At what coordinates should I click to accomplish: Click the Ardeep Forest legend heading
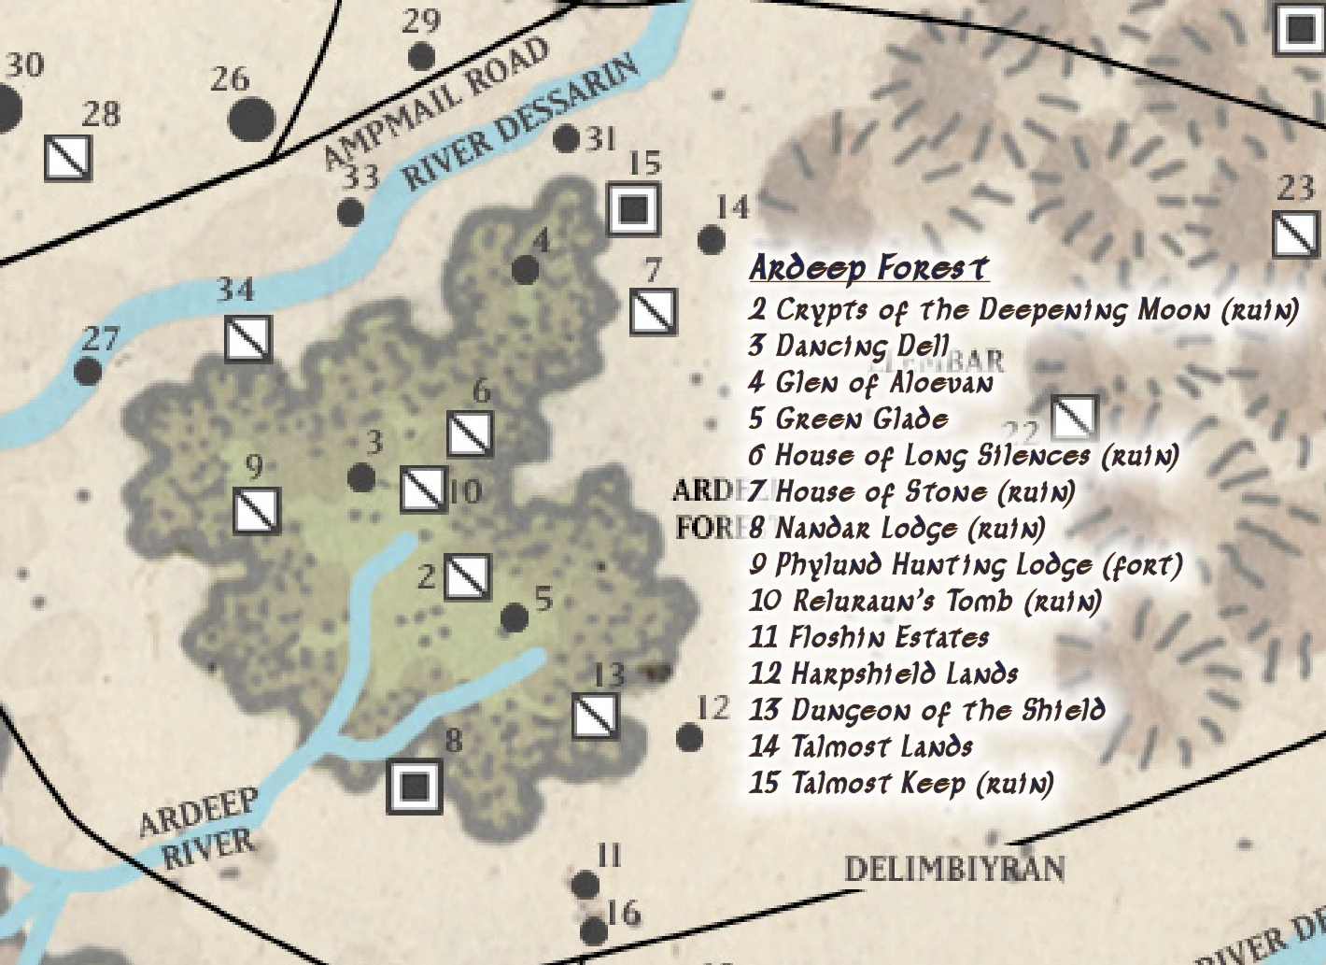[868, 268]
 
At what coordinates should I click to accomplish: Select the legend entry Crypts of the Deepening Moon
[1023, 309]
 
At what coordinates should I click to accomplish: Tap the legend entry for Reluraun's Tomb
[924, 601]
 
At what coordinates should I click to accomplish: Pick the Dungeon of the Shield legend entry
[926, 710]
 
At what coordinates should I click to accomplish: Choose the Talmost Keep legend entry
[900, 783]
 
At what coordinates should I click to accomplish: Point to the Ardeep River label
[201, 827]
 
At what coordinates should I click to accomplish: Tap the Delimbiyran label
[954, 869]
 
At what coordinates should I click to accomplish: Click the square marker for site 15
[634, 208]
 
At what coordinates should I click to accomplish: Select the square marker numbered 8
[415, 787]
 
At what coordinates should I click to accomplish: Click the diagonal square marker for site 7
[654, 312]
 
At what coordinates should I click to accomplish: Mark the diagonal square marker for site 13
[595, 716]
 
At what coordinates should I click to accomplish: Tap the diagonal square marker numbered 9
[257, 510]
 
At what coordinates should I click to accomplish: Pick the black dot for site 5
[515, 617]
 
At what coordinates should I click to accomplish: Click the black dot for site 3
[361, 478]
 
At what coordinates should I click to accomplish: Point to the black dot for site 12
[689, 738]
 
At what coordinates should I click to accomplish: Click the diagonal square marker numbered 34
[248, 338]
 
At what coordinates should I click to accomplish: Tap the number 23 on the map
[1295, 190]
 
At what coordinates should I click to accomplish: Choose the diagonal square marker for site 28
[69, 158]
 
